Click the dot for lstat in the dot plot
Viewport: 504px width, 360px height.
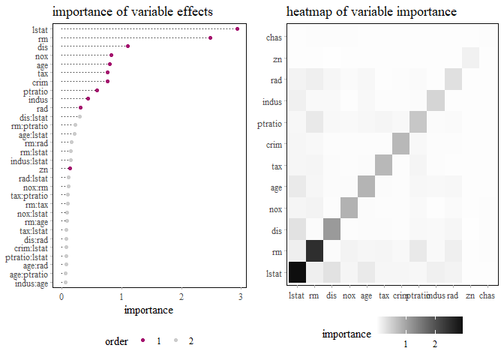237,28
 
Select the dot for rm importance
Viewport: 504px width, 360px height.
211,37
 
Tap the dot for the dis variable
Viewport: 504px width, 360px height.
128,46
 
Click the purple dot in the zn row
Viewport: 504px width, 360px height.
70,169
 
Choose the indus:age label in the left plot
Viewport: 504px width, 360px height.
34,283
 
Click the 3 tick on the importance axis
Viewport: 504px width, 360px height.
241,296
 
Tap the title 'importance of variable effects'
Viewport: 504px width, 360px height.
132,12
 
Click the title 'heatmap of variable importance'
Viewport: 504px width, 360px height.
371,12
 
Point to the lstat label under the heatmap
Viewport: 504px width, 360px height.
296,296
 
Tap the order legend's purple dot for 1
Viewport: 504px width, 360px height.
142,340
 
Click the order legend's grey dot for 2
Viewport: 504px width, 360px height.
176,340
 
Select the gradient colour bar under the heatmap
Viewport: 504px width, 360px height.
420,324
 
